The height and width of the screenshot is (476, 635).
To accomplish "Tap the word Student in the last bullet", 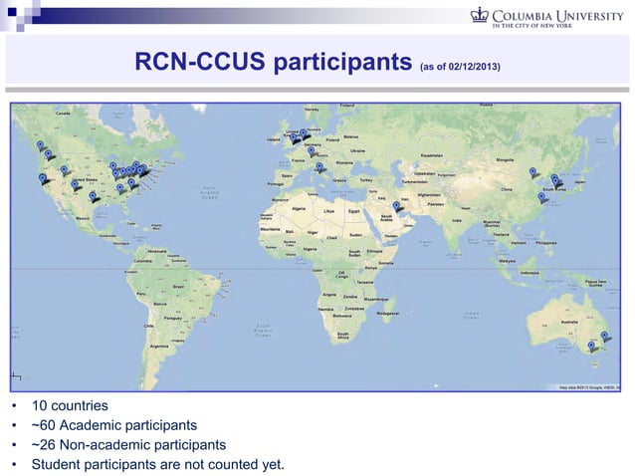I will tap(59, 463).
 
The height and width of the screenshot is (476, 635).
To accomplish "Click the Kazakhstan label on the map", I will tap(431, 155).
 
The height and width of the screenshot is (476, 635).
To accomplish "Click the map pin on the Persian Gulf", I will tap(396, 205).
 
